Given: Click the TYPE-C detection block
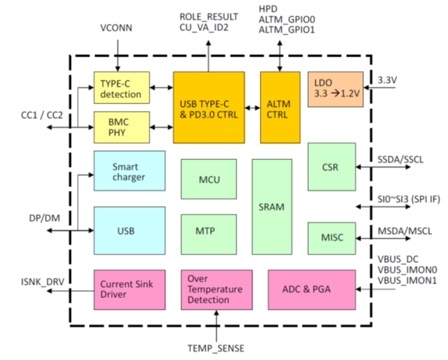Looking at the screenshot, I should coord(121,88).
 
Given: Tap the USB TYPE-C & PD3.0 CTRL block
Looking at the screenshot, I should coord(208,107).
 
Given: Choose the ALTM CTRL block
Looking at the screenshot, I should coord(279,107).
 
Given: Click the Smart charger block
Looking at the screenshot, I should coord(129,171).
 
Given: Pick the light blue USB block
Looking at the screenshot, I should coord(129,230).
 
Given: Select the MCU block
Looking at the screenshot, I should coord(209,180).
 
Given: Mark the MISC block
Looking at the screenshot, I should coord(331,238).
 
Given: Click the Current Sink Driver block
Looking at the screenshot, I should coord(129,290).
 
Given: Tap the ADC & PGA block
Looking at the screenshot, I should coord(312,290).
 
